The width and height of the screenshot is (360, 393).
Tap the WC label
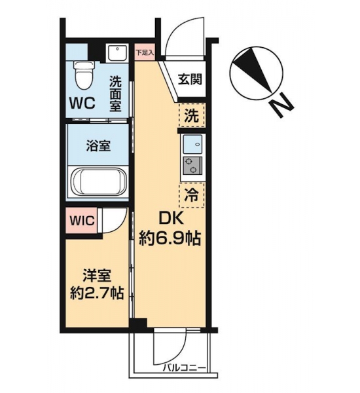[x=82, y=103]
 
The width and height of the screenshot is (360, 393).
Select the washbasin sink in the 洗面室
[x=117, y=53]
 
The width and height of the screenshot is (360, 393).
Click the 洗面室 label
[x=115, y=94]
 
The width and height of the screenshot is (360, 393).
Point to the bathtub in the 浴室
[x=98, y=181]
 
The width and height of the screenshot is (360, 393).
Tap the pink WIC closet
[x=81, y=220]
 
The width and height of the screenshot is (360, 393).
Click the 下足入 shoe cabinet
[x=145, y=52]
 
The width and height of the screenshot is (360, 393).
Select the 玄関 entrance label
[x=190, y=80]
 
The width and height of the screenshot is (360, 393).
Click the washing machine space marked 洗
[x=192, y=115]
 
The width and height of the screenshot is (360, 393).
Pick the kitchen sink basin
[x=192, y=144]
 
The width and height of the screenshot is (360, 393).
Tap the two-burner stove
[x=192, y=166]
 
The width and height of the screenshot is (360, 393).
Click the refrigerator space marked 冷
[x=192, y=195]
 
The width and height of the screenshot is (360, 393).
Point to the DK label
[x=171, y=219]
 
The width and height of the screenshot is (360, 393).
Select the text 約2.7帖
[x=97, y=293]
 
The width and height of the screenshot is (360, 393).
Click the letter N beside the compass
[x=281, y=105]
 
